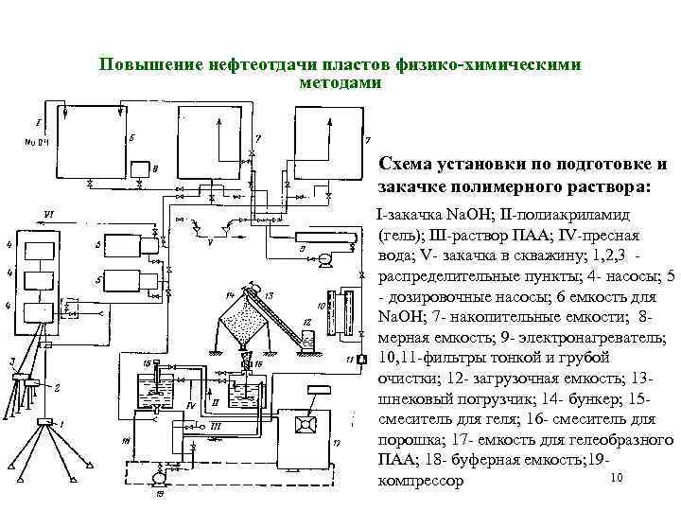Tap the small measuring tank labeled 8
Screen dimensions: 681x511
tap(144, 171)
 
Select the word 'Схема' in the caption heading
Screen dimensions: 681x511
tap(405, 162)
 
